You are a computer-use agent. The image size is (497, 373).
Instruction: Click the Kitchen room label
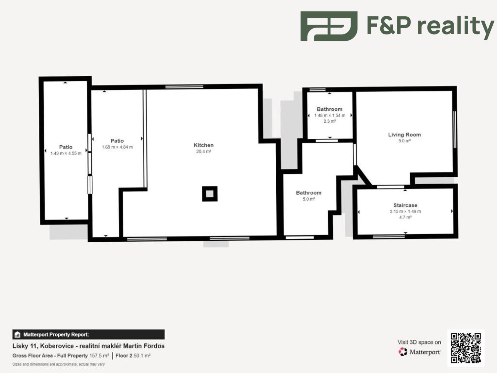203,145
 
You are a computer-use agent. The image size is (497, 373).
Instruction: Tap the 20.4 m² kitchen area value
203,152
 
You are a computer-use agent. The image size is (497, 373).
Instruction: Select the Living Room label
405,135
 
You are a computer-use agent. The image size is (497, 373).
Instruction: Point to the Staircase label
405,205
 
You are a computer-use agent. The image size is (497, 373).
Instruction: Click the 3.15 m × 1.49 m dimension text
405,212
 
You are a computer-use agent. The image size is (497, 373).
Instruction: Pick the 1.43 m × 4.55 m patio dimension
66,153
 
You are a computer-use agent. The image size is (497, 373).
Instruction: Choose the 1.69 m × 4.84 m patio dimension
117,147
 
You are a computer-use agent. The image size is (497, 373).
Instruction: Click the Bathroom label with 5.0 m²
308,193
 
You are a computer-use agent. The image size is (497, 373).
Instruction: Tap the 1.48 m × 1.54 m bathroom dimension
330,115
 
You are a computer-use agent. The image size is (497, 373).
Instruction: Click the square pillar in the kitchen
210,194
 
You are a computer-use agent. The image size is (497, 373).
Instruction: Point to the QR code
466,348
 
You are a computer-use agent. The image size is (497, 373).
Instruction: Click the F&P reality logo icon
329,26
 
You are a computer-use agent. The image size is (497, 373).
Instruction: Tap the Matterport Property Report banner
88,335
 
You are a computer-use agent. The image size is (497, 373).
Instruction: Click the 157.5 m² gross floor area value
99,355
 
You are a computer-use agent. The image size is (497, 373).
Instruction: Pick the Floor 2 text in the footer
124,355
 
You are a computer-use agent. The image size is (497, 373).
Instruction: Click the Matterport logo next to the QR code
419,352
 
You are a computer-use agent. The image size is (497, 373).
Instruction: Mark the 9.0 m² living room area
405,141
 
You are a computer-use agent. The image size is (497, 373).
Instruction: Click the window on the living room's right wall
455,130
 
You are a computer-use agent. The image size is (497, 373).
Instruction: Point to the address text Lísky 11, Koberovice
43,346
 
